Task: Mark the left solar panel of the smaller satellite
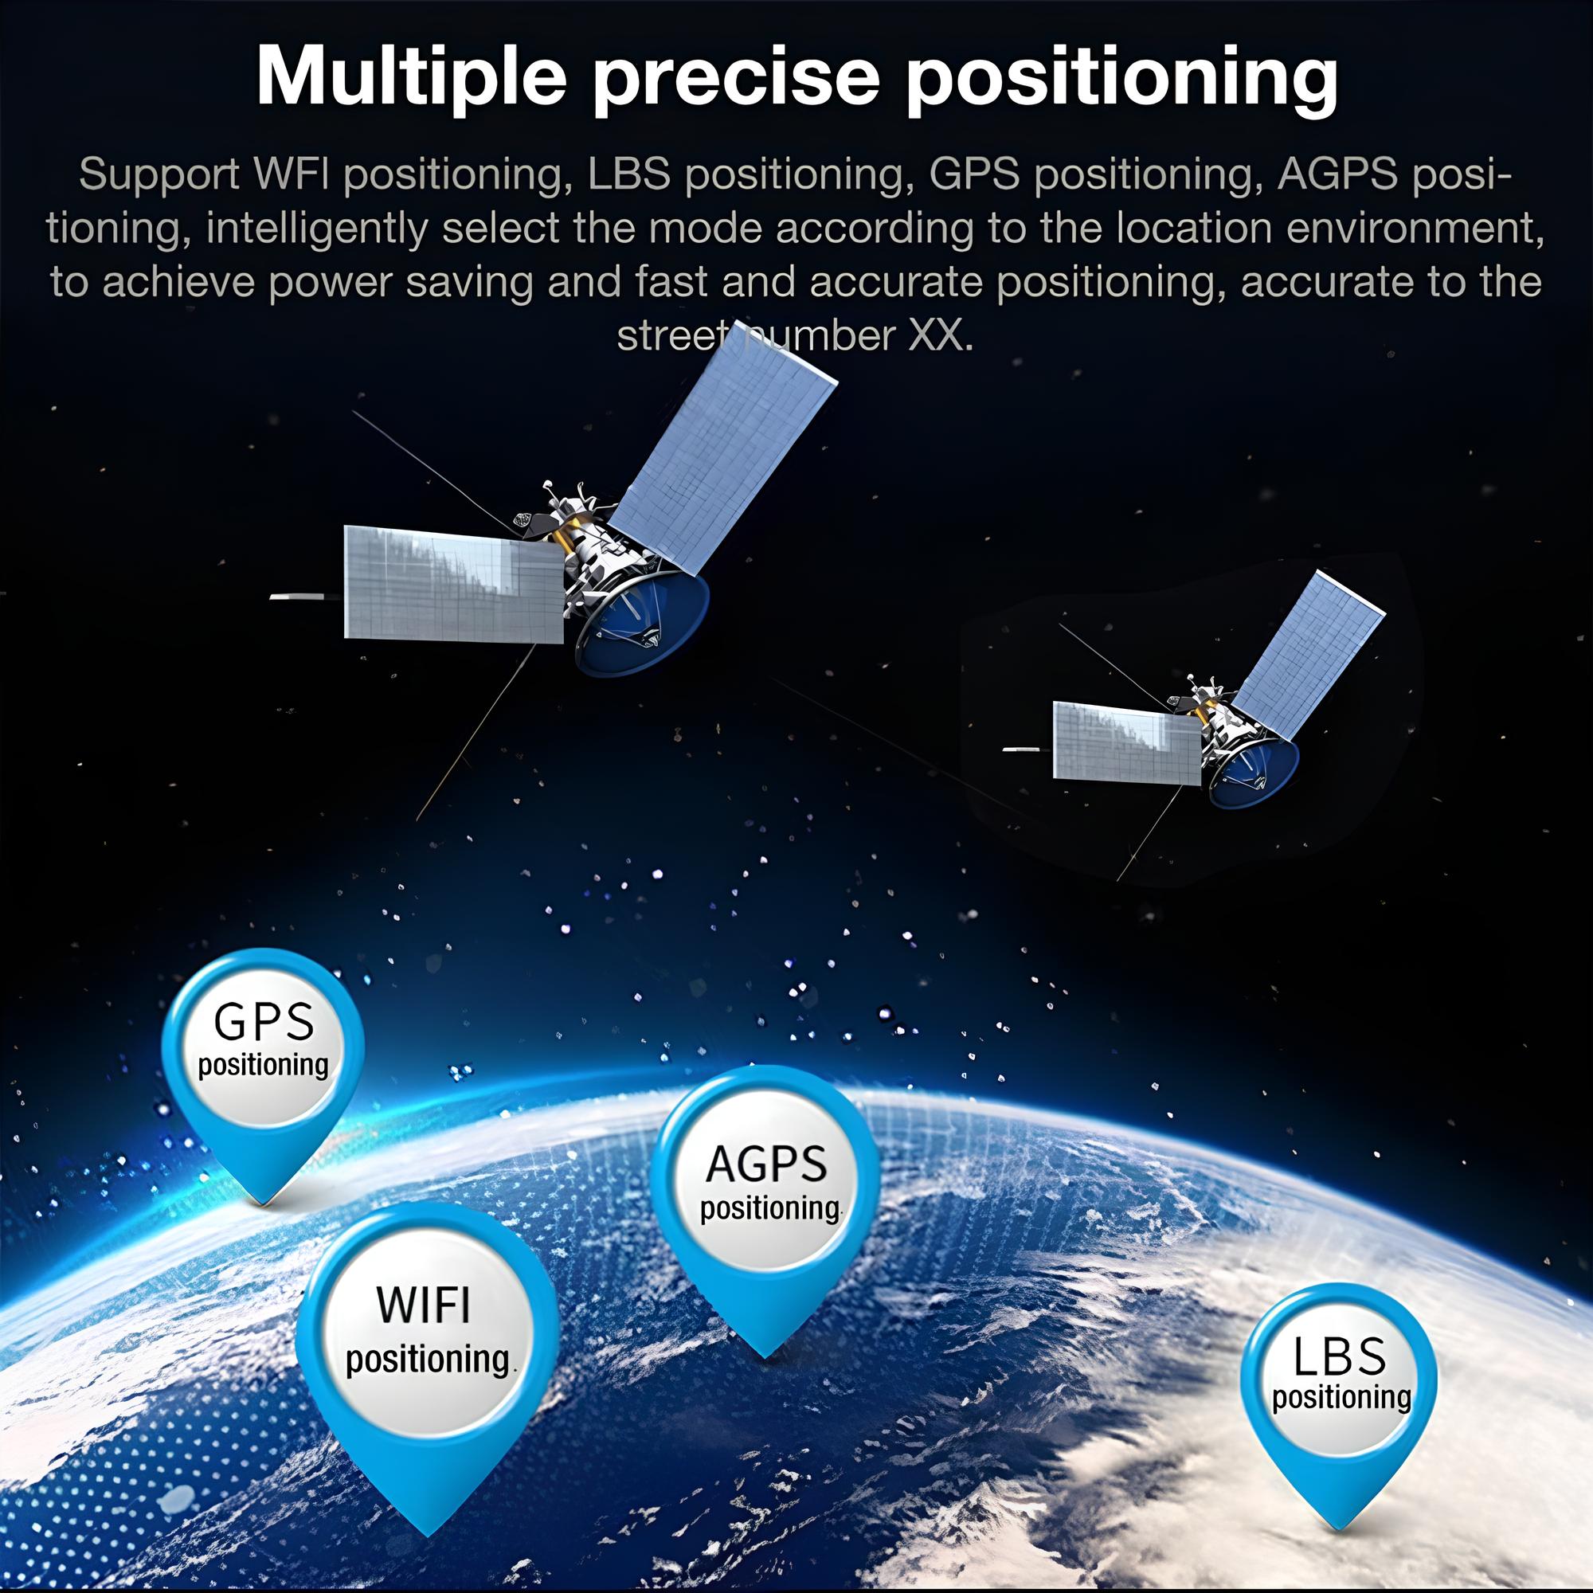pos(1126,742)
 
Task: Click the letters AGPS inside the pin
pos(766,1164)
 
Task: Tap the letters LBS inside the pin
pos(1339,1356)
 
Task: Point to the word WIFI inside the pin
pos(423,1305)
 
